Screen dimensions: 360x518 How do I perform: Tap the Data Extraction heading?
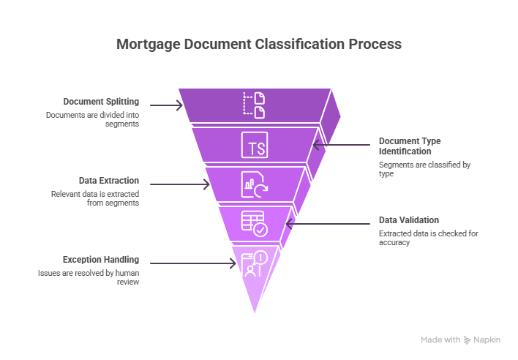coord(108,181)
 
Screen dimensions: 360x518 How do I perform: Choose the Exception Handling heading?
coord(100,260)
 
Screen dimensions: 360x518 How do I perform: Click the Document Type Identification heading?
coord(409,145)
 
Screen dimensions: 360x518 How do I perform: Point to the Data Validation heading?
coord(408,220)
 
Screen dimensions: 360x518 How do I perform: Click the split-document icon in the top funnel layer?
coord(254,105)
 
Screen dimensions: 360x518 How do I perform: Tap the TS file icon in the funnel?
coord(254,145)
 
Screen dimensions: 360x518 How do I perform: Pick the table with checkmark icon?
coord(254,223)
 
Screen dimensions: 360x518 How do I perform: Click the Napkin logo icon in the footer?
coord(467,340)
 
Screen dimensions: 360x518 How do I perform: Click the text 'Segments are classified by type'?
coord(424,170)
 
